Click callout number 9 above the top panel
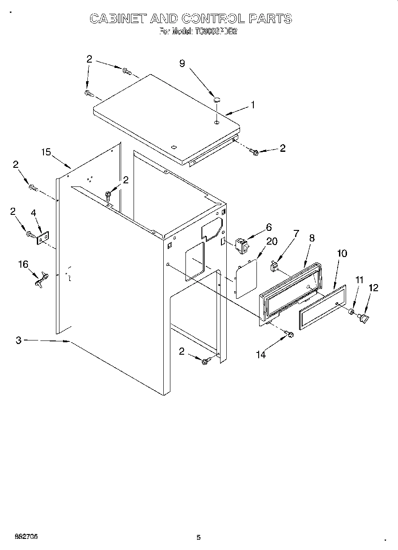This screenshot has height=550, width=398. pyautogui.click(x=182, y=63)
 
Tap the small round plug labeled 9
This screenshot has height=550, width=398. pyautogui.click(x=216, y=100)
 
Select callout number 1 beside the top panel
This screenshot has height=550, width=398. pyautogui.click(x=252, y=105)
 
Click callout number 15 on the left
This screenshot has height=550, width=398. pyautogui.click(x=46, y=152)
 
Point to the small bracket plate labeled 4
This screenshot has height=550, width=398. pyautogui.click(x=42, y=239)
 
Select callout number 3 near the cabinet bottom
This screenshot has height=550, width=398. pyautogui.click(x=19, y=340)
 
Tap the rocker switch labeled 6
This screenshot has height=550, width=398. pyautogui.click(x=241, y=245)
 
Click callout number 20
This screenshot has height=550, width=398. pyautogui.click(x=272, y=241)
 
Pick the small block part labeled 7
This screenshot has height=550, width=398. pyautogui.click(x=274, y=266)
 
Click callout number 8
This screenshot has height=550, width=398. pyautogui.click(x=312, y=237)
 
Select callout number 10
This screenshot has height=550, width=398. pyautogui.click(x=342, y=253)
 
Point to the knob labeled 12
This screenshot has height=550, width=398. pyautogui.click(x=364, y=317)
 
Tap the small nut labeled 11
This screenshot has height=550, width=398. pyautogui.click(x=352, y=312)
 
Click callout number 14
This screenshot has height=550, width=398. pyautogui.click(x=261, y=354)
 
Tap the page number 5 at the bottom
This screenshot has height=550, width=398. pyautogui.click(x=198, y=538)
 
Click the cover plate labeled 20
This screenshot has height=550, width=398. pyautogui.click(x=246, y=278)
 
